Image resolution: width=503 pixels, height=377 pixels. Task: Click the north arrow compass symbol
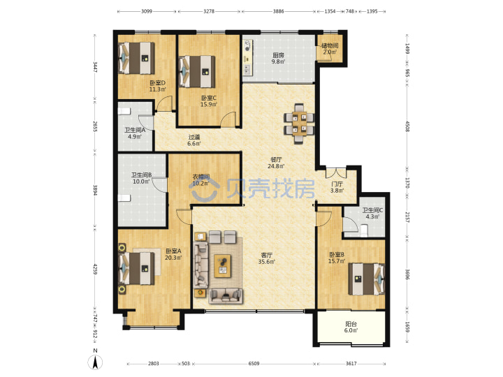coord(95,362)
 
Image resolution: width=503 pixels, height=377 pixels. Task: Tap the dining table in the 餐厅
coord(299,124)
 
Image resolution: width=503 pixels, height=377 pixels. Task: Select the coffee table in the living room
coord(223,266)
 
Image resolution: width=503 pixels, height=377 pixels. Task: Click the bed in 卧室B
coord(366,279)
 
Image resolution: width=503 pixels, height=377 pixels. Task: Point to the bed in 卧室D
coord(136,58)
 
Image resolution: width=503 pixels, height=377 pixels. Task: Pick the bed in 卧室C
coord(197,72)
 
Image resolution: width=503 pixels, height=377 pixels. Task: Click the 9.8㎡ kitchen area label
coord(278,61)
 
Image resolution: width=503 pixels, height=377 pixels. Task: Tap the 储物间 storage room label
coord(330,45)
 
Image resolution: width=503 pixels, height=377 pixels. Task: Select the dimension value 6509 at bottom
coord(254,364)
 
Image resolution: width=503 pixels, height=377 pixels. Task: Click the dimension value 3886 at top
coord(279,11)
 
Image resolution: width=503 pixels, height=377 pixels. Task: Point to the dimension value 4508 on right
coord(407,126)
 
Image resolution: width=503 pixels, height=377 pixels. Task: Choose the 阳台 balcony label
coord(351,324)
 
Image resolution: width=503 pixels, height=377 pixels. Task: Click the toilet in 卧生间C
coord(364,231)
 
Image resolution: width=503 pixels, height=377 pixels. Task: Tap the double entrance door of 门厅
coord(336,172)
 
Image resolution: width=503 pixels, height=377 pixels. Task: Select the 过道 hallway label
coord(194,138)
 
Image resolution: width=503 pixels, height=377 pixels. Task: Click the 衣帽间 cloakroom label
coord(201,177)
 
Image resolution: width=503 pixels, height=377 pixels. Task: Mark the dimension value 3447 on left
coord(95,67)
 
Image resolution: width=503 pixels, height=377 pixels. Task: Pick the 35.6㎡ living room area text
coord(267,262)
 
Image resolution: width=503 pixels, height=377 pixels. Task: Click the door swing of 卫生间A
coord(146,123)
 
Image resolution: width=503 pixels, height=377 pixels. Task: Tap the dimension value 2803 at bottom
coord(153,364)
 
